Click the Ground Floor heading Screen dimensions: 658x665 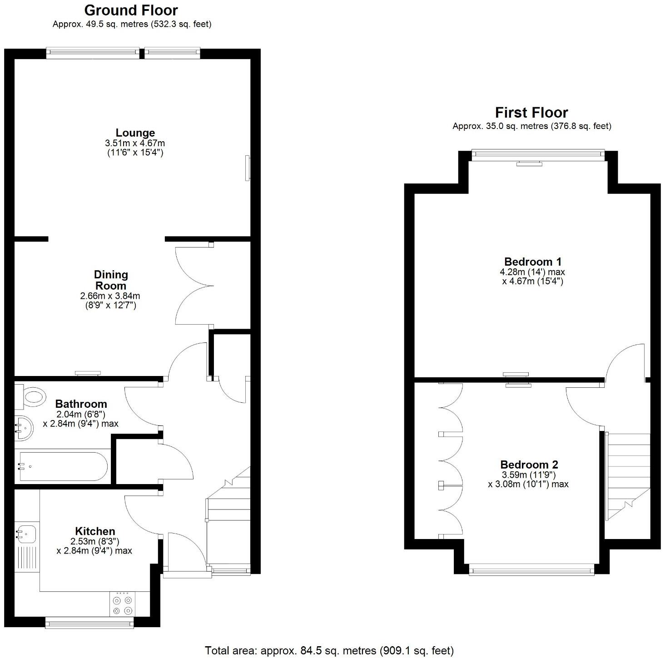click(131, 10)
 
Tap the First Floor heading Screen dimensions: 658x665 click(531, 113)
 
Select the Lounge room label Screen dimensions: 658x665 click(135, 133)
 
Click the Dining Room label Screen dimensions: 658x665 click(111, 280)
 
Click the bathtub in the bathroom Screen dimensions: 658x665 click(61, 466)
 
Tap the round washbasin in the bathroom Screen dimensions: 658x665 click(24, 428)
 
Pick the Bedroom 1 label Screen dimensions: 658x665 click(533, 262)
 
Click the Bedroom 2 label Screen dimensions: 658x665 click(529, 465)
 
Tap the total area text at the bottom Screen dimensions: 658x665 click(329, 651)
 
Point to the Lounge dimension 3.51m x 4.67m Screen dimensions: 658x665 click(134, 143)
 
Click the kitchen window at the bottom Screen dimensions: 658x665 click(89, 624)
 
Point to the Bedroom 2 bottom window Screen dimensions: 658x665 click(531, 569)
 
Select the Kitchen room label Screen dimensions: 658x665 click(95, 531)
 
